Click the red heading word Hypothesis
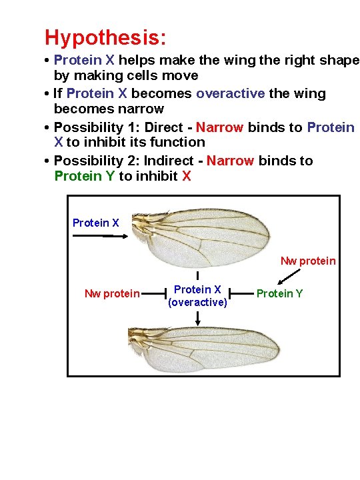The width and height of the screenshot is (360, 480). click(105, 37)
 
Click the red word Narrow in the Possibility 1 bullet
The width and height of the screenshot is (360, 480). click(220, 127)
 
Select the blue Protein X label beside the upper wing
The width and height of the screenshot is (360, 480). click(96, 223)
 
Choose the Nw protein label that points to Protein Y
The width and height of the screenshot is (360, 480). click(308, 261)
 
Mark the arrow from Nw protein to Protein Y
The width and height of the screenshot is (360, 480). click(288, 276)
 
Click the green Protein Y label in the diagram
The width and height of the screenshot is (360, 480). click(279, 293)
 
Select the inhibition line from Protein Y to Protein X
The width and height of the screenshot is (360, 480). click(242, 293)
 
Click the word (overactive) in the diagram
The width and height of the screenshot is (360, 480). click(197, 303)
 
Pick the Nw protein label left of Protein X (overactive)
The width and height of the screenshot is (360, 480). click(112, 293)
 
